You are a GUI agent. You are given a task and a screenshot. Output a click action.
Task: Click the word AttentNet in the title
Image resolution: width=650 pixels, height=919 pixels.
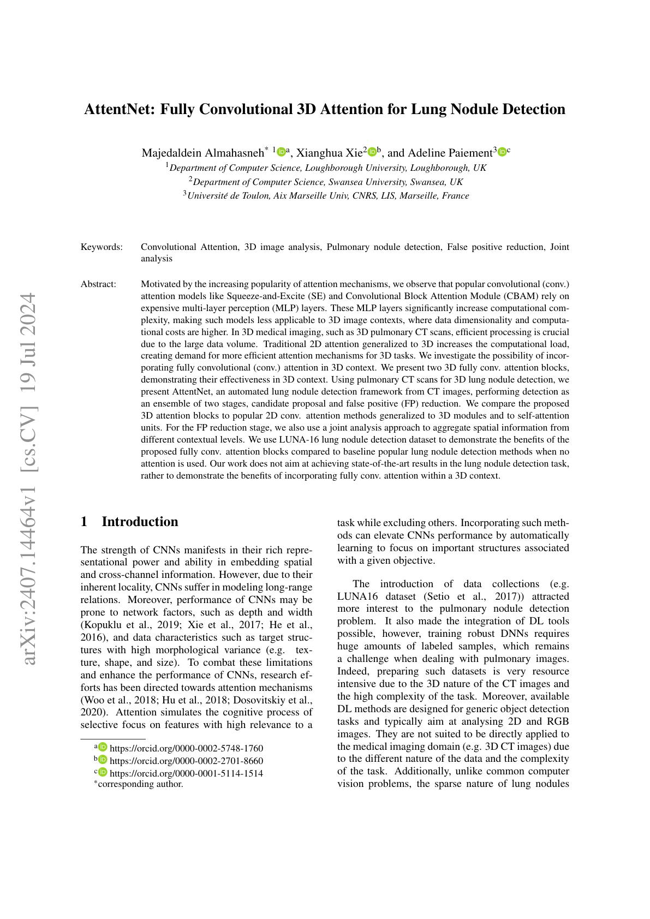coord(118,109)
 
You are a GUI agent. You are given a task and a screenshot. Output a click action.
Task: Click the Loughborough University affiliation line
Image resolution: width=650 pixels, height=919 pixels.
coord(326,168)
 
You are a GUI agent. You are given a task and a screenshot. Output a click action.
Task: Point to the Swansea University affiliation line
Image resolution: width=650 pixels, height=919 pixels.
coord(326,182)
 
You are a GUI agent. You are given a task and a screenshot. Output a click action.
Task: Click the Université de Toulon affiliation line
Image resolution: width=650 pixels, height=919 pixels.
coord(326,196)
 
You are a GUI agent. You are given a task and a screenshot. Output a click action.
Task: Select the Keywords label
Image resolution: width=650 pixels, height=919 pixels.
coord(102,247)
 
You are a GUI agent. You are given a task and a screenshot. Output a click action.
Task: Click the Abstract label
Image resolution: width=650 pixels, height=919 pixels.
coord(98,284)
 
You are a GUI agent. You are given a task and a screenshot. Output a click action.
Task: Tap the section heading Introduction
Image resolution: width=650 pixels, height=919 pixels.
coord(140,522)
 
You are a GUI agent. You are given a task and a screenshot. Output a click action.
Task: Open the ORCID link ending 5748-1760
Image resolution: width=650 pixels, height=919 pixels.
coord(186,748)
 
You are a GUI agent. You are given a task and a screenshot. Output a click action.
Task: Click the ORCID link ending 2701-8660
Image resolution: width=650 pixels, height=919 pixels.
coord(186,761)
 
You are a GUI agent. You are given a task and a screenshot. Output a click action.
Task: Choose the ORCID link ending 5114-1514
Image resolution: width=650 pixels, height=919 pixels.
coord(186,773)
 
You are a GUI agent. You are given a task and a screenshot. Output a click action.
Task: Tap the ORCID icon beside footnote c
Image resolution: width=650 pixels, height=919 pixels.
coord(103,772)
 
